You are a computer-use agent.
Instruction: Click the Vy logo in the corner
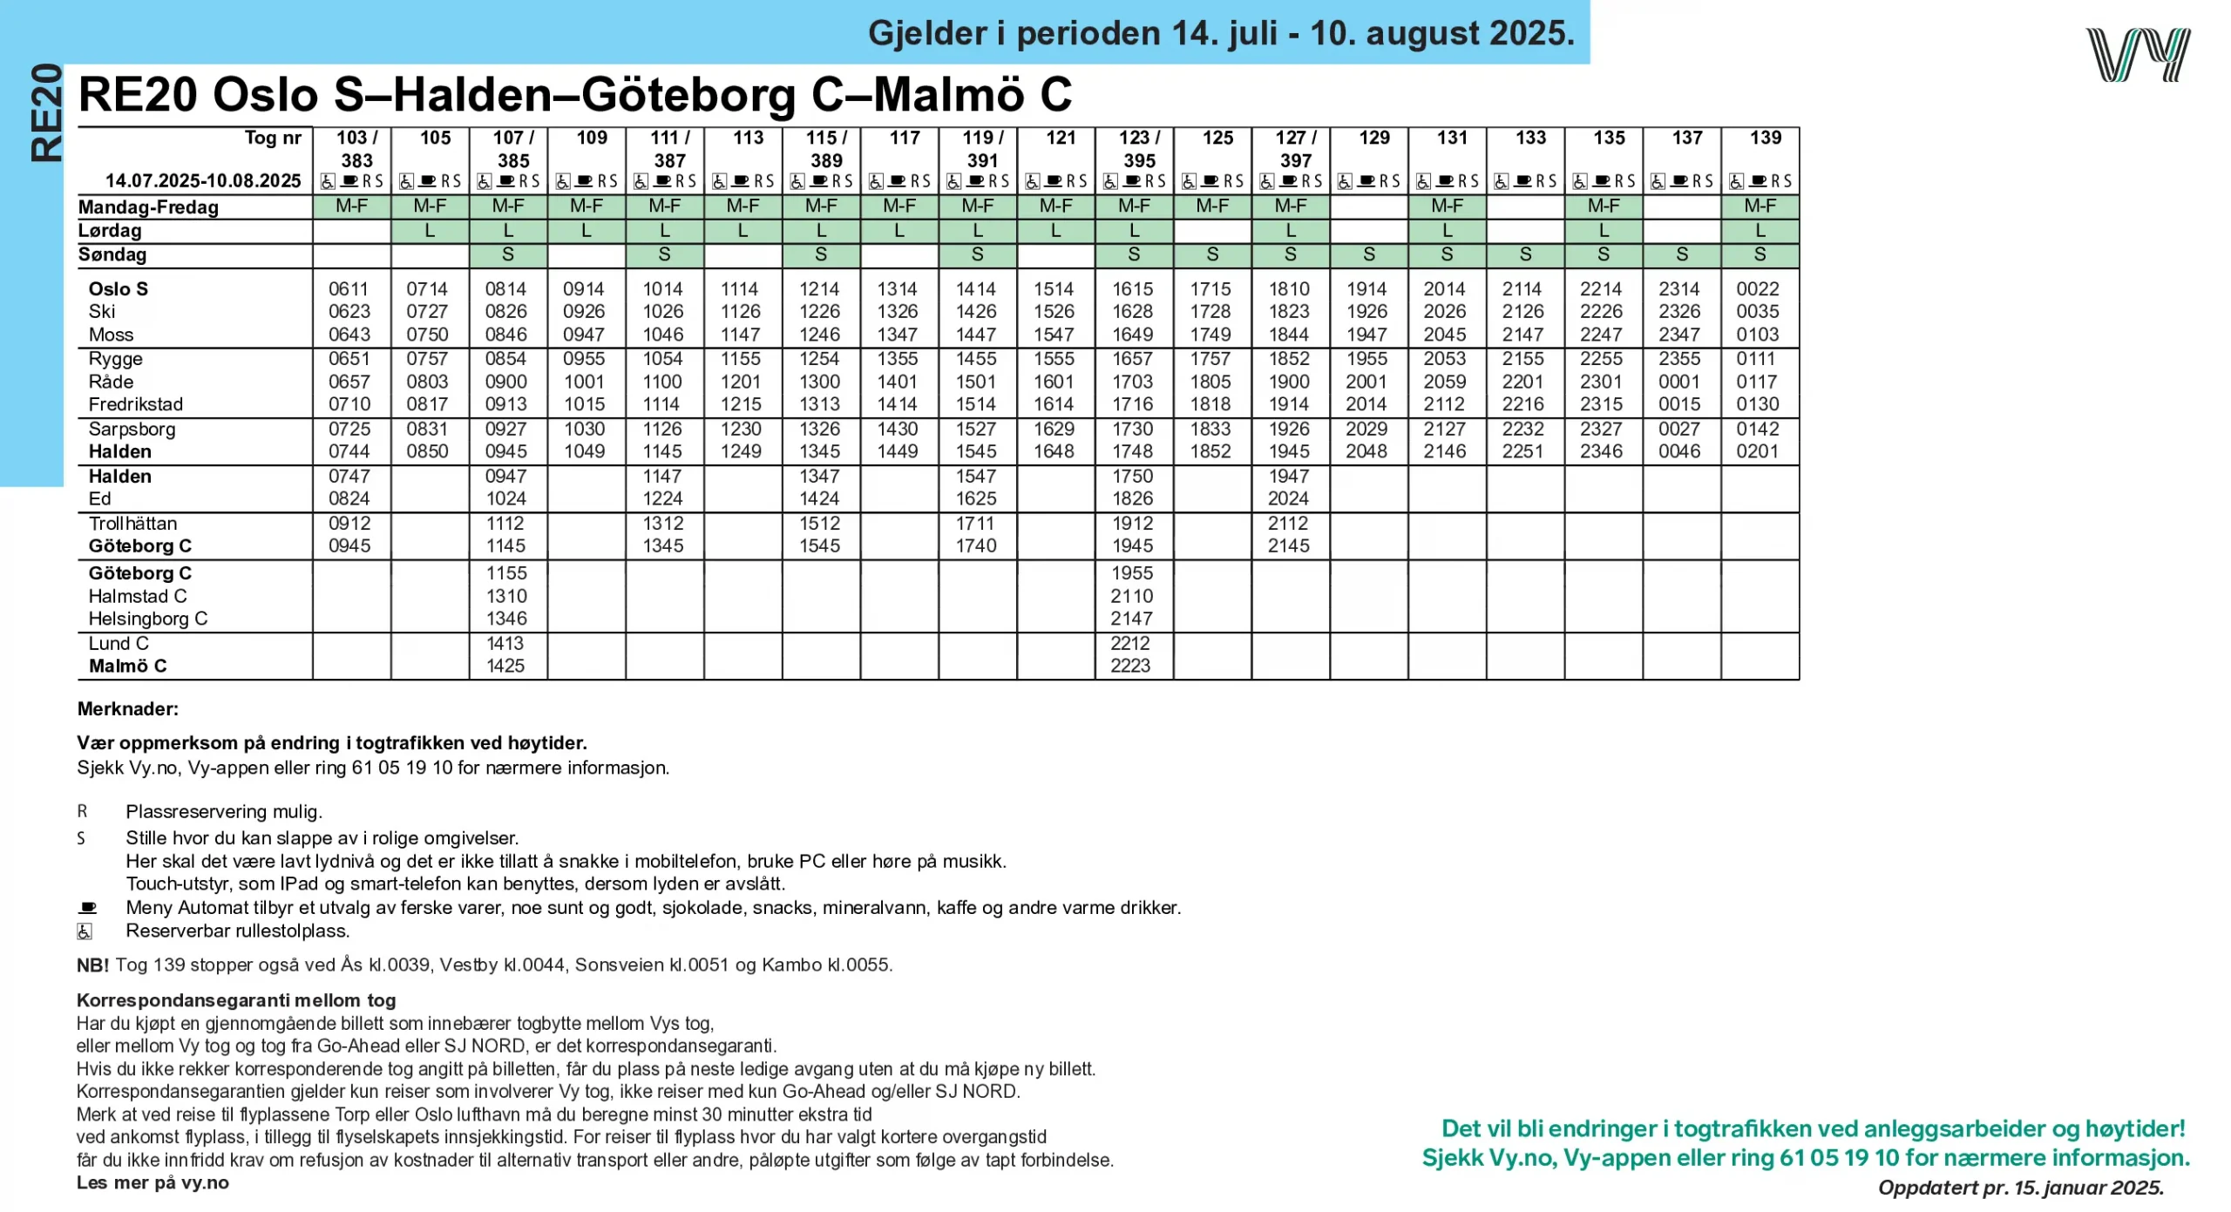pyautogui.click(x=2137, y=55)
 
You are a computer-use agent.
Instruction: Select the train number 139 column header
pyautogui.click(x=1765, y=138)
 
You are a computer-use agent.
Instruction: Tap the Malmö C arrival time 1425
pyautogui.click(x=505, y=666)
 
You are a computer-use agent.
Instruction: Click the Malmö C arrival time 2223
pyautogui.click(x=1130, y=666)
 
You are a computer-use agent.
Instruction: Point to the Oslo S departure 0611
pyautogui.click(x=349, y=288)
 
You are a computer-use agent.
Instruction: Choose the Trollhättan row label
pyautogui.click(x=132, y=524)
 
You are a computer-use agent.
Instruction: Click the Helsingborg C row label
pyautogui.click(x=147, y=619)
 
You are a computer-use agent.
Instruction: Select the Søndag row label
pyautogui.click(x=112, y=254)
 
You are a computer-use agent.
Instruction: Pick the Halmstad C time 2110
pyautogui.click(x=1131, y=596)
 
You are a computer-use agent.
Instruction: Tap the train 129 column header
pyautogui.click(x=1373, y=138)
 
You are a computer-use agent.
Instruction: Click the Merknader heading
pyautogui.click(x=127, y=709)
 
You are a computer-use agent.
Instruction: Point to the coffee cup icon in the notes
pyautogui.click(x=87, y=907)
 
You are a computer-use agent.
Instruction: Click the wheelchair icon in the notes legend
pyautogui.click(x=85, y=931)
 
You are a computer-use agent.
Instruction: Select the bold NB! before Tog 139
pyautogui.click(x=92, y=965)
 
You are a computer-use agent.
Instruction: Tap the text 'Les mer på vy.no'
pyautogui.click(x=153, y=1182)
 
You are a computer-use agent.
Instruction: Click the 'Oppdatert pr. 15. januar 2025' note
pyautogui.click(x=2020, y=1188)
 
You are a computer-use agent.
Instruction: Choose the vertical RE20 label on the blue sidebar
pyautogui.click(x=45, y=113)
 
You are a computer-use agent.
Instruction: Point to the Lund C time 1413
pyautogui.click(x=505, y=643)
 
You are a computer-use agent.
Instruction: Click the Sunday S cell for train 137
pyautogui.click(x=1682, y=254)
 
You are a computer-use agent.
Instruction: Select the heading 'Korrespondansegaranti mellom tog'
pyautogui.click(x=236, y=1000)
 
